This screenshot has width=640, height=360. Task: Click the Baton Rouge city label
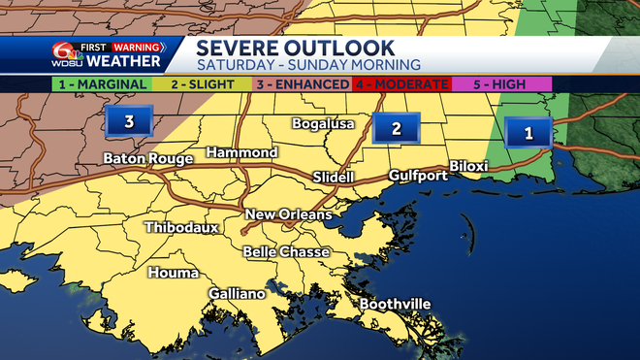148,158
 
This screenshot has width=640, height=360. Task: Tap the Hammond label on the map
242,153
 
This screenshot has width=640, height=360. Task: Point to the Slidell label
335,178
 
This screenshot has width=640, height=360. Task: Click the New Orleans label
288,214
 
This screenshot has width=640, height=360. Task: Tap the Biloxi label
468,166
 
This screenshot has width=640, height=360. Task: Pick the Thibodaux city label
180,228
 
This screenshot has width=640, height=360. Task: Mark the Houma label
174,273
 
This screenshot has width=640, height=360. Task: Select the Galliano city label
237,294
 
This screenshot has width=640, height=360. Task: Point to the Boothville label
395,304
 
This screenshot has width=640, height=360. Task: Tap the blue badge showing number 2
396,128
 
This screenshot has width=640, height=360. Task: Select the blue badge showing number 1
528,133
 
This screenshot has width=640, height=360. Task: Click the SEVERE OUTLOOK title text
296,48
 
